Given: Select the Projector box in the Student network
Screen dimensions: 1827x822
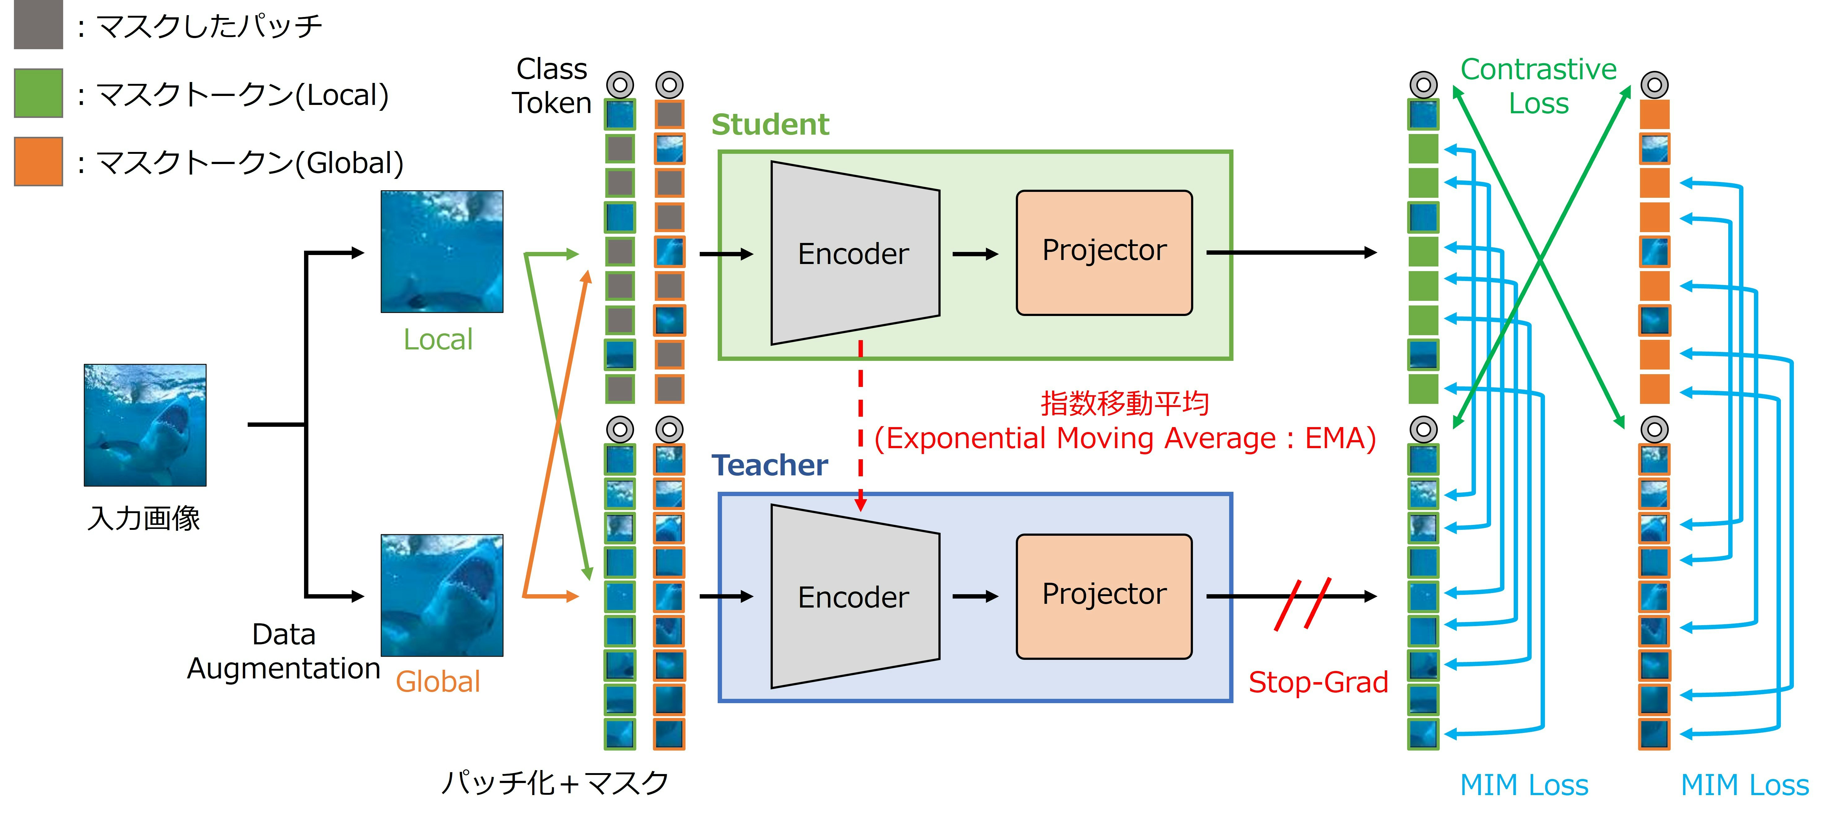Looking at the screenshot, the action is [x=1104, y=253].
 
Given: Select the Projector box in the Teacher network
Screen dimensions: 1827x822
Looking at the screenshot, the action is [x=1104, y=596].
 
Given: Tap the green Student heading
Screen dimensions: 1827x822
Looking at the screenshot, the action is [x=770, y=125].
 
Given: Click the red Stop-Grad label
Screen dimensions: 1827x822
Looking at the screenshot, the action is [x=1318, y=682].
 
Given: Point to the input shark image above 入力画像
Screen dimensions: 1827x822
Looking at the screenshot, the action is [x=146, y=425].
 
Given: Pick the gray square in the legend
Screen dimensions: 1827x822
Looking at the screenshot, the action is [x=38, y=25].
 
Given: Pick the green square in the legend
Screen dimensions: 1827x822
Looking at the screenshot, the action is [x=38, y=93].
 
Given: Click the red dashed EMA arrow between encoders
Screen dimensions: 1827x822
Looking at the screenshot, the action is [x=860, y=426].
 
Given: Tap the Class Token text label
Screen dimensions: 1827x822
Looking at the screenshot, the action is [x=552, y=86].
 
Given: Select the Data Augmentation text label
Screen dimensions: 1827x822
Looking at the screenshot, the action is [x=284, y=651].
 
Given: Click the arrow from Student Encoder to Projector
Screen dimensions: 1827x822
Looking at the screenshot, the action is [x=975, y=254].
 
